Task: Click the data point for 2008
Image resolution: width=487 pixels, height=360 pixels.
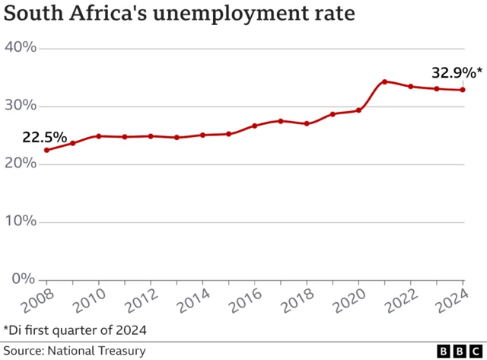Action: point(46,150)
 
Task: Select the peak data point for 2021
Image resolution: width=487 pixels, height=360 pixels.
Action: point(384,81)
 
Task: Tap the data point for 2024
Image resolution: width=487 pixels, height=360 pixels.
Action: point(463,90)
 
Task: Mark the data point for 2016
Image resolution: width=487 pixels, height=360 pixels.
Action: point(254,126)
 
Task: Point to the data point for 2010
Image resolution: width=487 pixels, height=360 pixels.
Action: point(98,136)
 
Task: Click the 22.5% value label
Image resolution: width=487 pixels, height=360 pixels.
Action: point(43,138)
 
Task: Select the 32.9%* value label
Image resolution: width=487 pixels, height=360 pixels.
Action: point(457,74)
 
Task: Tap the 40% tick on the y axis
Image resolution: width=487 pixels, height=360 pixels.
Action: point(21,48)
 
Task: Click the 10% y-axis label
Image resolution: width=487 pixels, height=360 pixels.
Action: point(21,221)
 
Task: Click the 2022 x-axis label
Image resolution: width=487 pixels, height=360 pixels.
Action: point(404,302)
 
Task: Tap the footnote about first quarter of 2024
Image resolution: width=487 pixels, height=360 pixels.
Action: point(75,330)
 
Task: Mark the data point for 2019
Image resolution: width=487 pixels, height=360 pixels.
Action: point(333,114)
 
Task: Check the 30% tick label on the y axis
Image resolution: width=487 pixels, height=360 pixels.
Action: point(21,106)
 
